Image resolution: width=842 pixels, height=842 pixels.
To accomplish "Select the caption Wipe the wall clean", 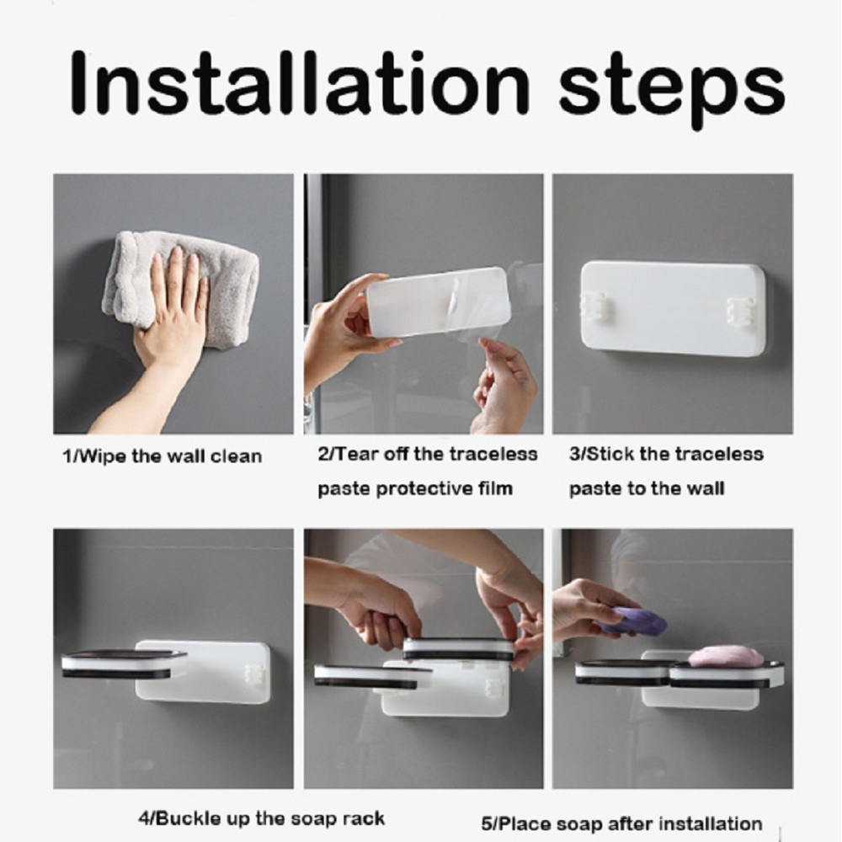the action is [163, 456].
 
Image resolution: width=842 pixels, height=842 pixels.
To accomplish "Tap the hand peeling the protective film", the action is [504, 386].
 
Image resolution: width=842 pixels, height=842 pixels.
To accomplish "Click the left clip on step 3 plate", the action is [594, 309].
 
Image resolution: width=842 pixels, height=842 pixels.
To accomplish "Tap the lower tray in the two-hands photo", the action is [370, 676].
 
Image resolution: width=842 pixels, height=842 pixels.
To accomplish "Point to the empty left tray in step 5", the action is [623, 672].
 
